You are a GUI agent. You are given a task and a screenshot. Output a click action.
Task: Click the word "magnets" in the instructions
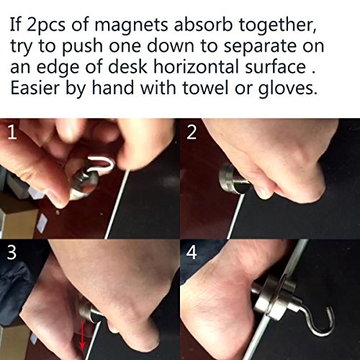(131, 24)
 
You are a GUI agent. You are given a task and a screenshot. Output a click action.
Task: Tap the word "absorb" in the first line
(203, 24)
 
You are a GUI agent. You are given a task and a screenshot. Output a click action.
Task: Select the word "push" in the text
(82, 46)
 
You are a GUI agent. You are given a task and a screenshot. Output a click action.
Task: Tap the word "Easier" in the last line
(35, 88)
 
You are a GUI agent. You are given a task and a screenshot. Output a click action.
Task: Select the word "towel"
(205, 88)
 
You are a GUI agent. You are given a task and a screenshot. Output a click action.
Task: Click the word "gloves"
(287, 89)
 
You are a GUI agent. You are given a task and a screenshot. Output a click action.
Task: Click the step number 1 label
(12, 132)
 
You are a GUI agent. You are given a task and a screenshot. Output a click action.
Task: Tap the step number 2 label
(192, 132)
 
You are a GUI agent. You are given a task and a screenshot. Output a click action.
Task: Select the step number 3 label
(12, 252)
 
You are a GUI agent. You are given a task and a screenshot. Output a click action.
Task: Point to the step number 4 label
(192, 252)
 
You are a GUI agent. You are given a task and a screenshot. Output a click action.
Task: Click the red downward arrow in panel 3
(82, 336)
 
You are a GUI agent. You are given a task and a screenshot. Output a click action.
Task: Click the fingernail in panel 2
(263, 194)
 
